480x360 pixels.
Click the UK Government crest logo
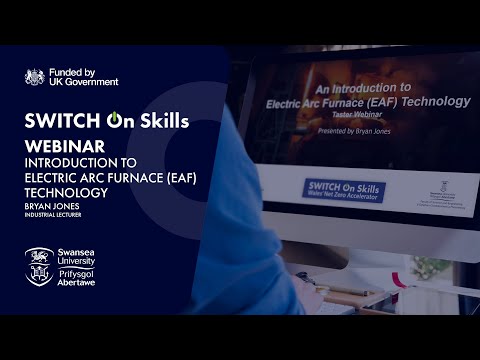tap(34, 77)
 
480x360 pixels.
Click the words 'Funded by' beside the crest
tap(73, 72)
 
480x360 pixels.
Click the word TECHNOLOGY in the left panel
tap(69, 184)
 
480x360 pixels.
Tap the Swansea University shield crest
tap(39, 266)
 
